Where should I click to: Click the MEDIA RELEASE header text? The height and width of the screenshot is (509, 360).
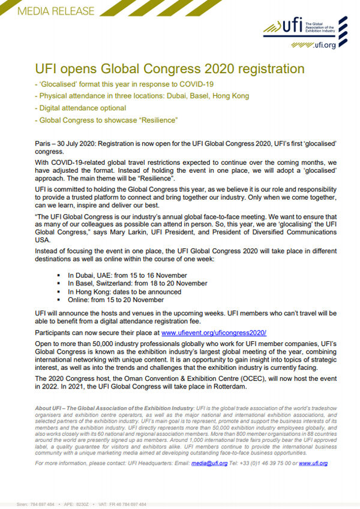point(48,11)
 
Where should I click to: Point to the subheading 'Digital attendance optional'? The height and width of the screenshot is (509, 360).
point(82,108)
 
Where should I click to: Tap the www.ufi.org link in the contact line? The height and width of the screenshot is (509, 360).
point(313,463)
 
